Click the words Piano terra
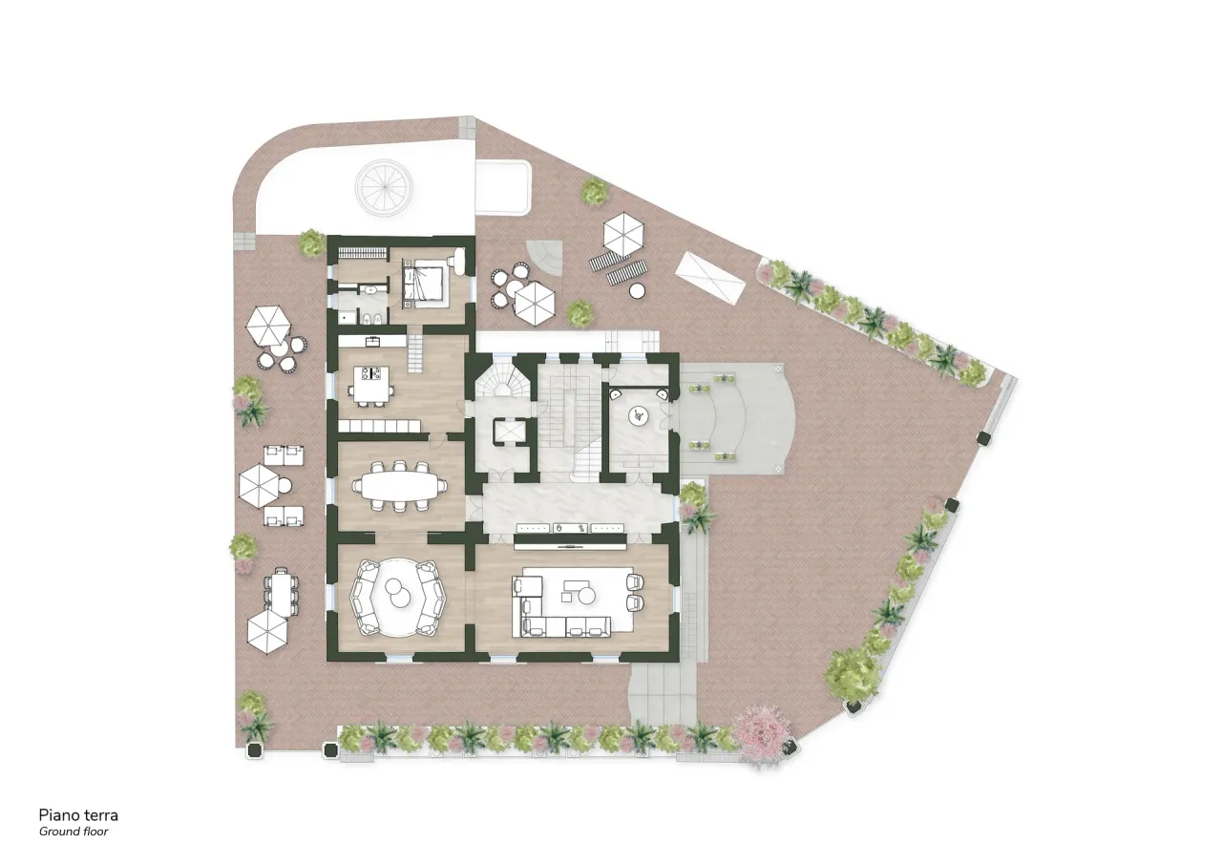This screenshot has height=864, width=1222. pyautogui.click(x=78, y=815)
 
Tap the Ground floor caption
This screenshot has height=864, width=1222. pyautogui.click(x=74, y=832)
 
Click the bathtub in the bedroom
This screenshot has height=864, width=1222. pyautogui.click(x=463, y=263)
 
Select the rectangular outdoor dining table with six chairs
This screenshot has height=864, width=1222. pyautogui.click(x=281, y=592)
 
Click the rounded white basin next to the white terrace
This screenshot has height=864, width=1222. pyautogui.click(x=503, y=186)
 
